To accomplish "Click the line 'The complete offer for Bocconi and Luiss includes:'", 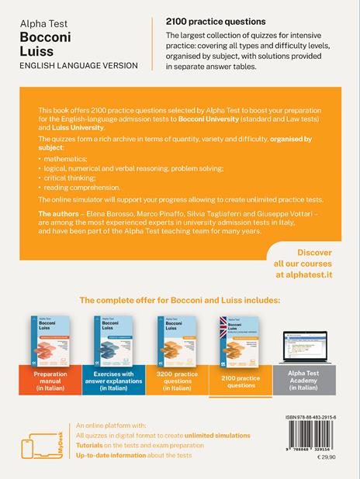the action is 180,298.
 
